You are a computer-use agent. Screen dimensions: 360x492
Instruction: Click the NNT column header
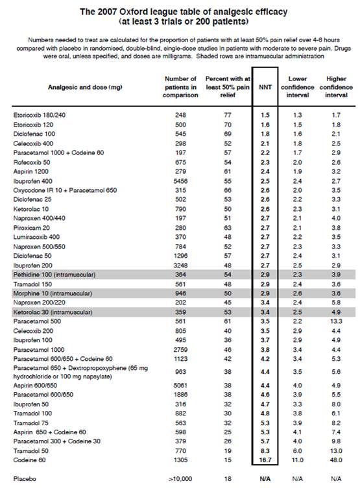click(265, 87)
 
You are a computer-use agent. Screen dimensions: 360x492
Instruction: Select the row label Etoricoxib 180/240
click(40, 115)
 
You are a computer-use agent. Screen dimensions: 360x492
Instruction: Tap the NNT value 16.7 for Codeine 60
click(265, 460)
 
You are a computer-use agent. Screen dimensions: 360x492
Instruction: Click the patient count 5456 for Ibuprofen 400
click(180, 181)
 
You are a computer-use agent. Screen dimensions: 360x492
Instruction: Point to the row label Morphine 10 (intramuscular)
click(53, 293)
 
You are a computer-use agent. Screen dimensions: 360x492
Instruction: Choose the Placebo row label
click(25, 479)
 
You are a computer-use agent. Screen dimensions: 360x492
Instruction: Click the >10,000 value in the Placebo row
click(180, 479)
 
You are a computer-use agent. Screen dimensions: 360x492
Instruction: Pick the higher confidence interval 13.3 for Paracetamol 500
click(336, 321)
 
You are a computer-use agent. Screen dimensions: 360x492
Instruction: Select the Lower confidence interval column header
click(298, 87)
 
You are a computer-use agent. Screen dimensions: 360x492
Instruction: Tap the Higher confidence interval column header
click(336, 87)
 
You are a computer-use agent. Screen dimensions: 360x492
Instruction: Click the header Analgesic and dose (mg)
click(85, 87)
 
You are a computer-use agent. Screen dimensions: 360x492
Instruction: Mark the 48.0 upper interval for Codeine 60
click(336, 460)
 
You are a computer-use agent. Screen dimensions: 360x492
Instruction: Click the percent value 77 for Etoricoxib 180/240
click(228, 115)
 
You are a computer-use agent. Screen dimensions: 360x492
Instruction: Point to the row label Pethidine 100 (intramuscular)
click(54, 275)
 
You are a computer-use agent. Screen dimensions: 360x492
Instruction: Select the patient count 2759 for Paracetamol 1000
click(180, 350)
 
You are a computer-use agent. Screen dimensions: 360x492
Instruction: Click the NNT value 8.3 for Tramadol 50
click(265, 451)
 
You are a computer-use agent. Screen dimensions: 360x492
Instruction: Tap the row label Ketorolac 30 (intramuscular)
click(53, 312)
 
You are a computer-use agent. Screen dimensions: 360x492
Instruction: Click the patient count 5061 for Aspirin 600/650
click(180, 386)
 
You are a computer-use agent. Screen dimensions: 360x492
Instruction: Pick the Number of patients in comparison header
click(180, 87)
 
